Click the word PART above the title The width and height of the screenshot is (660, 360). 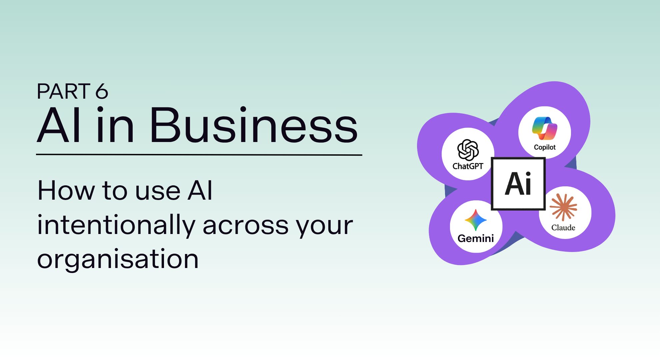tap(64, 91)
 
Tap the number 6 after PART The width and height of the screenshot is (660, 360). tap(102, 91)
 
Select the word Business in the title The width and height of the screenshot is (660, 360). tap(254, 125)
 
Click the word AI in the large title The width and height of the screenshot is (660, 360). tap(59, 125)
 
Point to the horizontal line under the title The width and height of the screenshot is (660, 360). tap(199, 155)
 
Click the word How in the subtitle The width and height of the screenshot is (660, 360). tap(66, 190)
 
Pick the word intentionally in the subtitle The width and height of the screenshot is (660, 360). tap(116, 225)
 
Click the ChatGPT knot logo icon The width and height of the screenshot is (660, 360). tap(468, 150)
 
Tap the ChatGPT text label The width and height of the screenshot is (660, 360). tap(468, 166)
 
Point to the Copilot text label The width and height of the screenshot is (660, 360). tap(545, 147)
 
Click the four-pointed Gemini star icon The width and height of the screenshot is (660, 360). tap(476, 220)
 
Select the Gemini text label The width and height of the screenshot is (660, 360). tap(476, 238)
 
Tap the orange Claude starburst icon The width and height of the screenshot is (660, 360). tap(563, 207)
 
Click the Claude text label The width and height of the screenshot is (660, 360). tap(563, 227)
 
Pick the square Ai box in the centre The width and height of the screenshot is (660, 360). tap(518, 184)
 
